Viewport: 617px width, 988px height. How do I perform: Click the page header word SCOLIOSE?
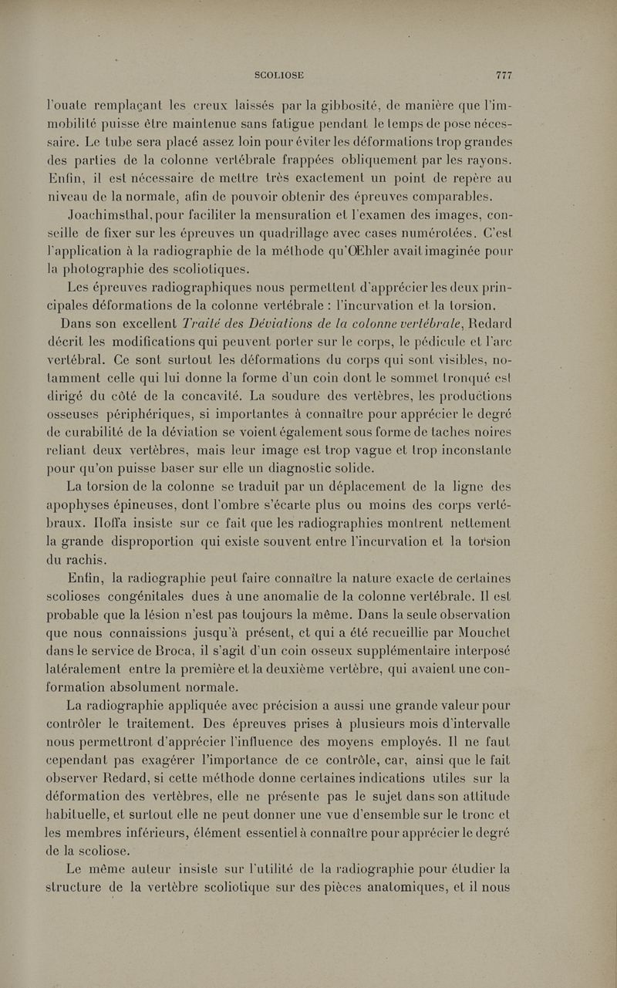tap(279, 75)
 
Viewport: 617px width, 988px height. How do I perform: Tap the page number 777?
tap(504, 75)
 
